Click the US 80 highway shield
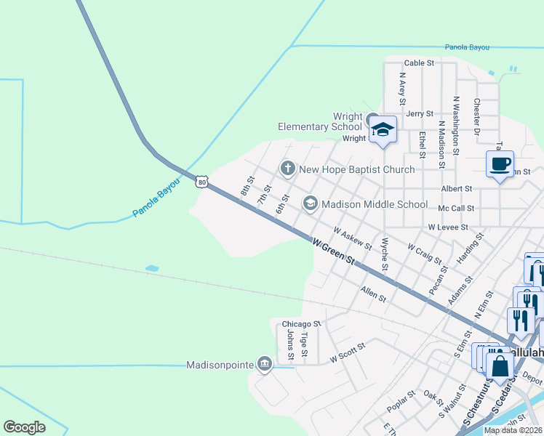[201, 182]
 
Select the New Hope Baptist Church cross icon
[287, 169]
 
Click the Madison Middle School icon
[311, 203]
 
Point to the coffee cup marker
[500, 164]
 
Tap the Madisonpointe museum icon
[265, 364]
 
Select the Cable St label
[419, 63]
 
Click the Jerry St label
[420, 114]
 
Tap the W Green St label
[333, 251]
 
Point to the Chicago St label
[301, 323]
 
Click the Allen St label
[372, 294]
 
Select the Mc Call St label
[456, 208]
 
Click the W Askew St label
[353, 238]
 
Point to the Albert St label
[457, 188]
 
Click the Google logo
[24, 427]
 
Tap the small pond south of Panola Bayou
[152, 268]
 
